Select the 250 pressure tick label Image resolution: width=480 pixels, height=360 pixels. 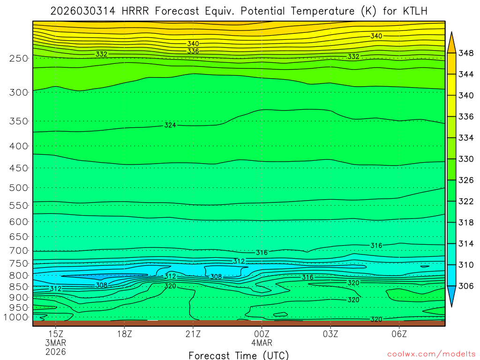pos(19,59)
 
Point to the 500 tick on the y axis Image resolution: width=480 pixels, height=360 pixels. pos(19,188)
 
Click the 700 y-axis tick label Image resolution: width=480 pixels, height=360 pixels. pos(19,251)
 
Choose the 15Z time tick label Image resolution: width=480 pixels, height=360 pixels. pos(56,334)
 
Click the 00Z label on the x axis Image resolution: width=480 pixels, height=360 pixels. pos(262,334)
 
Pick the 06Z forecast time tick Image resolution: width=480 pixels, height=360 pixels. pos(399,334)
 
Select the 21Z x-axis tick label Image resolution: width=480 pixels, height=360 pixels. pos(193,334)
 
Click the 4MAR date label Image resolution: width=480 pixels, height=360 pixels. pos(262,343)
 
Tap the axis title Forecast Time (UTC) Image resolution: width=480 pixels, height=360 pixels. pos(239,355)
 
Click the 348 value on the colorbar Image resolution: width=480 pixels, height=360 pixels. pos(465,53)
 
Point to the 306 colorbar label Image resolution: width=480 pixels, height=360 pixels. pos(465,286)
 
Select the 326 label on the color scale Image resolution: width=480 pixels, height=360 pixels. pos(465,180)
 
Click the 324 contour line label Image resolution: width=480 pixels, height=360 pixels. pos(170,125)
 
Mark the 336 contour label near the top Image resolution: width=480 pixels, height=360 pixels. pos(193,51)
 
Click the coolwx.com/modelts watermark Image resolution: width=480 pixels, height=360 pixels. pos(431,354)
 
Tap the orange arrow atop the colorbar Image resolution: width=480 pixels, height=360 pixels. pos(452,42)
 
